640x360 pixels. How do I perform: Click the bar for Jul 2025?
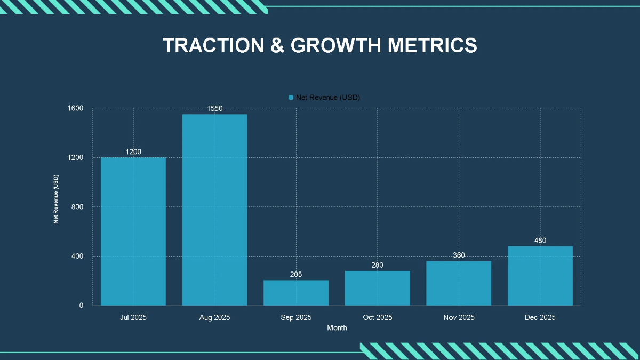[133, 231]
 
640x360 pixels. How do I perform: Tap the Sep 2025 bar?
[296, 293]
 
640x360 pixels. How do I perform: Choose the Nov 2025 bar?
[459, 283]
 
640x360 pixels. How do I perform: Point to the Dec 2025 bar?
[540, 276]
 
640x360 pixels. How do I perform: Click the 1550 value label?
[214, 109]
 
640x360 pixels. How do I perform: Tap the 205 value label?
[296, 275]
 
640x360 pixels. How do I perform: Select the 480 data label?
[540, 241]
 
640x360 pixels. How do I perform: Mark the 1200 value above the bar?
[133, 152]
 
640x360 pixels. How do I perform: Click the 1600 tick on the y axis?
[76, 108]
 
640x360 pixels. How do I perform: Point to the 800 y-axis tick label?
[78, 207]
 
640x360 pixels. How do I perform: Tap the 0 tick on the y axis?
[82, 306]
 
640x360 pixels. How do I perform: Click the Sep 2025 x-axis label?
[296, 317]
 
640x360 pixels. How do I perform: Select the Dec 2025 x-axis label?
[540, 317]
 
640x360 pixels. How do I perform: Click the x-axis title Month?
[337, 328]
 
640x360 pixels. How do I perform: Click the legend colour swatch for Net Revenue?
[291, 97]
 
